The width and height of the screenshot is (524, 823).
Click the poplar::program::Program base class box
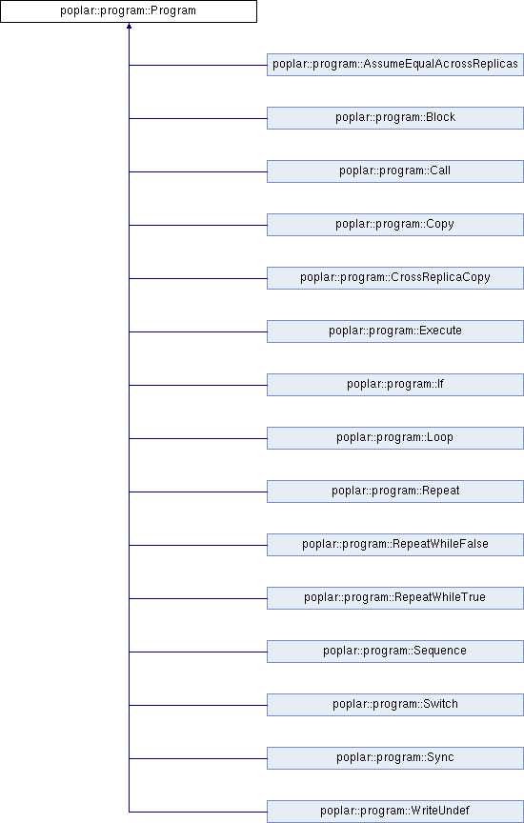coord(129,11)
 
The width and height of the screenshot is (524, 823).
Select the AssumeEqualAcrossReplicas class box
coord(394,65)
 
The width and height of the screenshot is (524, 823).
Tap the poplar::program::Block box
coord(394,118)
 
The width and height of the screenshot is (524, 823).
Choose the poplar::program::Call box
coord(394,171)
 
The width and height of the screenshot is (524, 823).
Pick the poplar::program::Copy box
coord(394,225)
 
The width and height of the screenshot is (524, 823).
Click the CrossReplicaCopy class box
coord(394,278)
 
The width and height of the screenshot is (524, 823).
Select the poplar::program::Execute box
coord(394,331)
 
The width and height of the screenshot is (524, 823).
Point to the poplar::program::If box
coord(394,385)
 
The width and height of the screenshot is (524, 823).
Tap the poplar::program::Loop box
coord(394,438)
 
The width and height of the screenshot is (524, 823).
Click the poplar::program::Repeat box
coord(394,492)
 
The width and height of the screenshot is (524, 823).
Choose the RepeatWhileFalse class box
coord(394,545)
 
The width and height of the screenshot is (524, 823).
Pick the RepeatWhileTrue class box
coord(394,598)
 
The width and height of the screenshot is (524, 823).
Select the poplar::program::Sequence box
coord(394,652)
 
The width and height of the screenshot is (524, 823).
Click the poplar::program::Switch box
coord(394,705)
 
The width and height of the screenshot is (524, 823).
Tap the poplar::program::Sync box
coord(394,758)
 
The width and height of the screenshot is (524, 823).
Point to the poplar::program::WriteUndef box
coord(394,812)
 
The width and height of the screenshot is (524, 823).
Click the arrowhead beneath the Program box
coord(129,25)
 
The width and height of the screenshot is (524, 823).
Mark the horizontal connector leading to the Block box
coord(198,119)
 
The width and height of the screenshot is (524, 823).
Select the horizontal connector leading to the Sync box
coord(198,758)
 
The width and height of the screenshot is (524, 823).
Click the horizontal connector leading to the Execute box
coord(198,331)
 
